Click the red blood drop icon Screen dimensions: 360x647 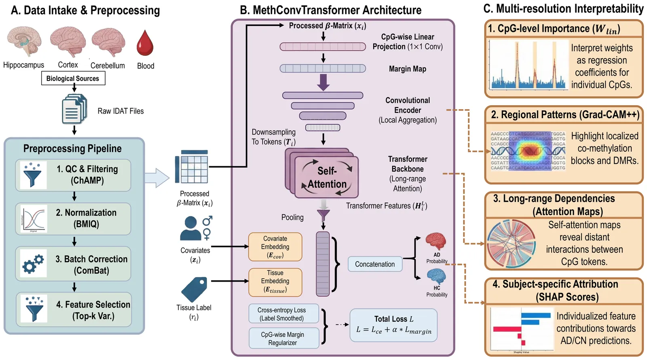pyautogui.click(x=145, y=43)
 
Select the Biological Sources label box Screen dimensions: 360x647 pyautogui.click(x=73, y=78)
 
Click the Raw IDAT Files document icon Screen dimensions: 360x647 pyautogui.click(x=74, y=109)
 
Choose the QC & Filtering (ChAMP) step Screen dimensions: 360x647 pyautogui.click(x=73, y=175)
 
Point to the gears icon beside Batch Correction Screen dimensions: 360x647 pyautogui.click(x=33, y=264)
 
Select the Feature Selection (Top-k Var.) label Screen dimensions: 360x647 pyautogui.click(x=93, y=310)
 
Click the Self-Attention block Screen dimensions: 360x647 pyautogui.click(x=327, y=177)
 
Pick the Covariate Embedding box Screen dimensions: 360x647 pyautogui.click(x=275, y=247)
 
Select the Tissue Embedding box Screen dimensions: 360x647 pyautogui.click(x=275, y=282)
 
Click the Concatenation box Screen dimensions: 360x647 pyautogui.click(x=375, y=264)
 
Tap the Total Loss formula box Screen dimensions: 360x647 pyautogui.click(x=393, y=325)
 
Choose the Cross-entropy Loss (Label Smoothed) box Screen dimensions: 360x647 pyautogui.click(x=283, y=314)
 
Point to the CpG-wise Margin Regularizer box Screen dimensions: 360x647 pyautogui.click(x=283, y=338)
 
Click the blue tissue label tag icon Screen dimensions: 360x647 pyautogui.click(x=194, y=290)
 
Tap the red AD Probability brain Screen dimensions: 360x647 pyautogui.click(x=436, y=241)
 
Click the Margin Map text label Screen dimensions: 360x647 pyautogui.click(x=407, y=69)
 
